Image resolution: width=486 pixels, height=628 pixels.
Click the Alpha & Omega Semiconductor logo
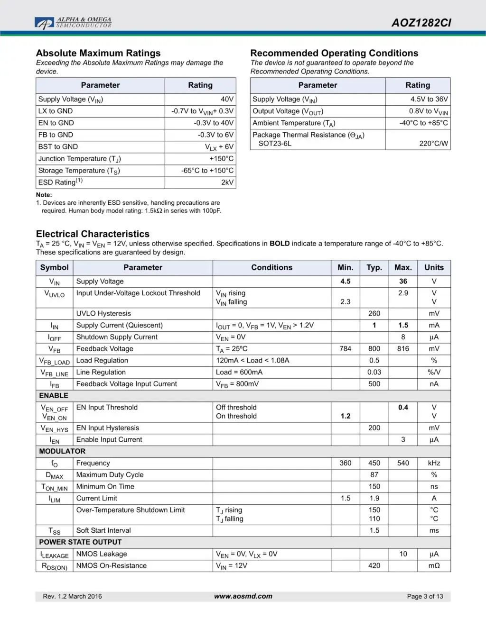73,23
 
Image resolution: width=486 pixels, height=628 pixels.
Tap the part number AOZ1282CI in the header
421,23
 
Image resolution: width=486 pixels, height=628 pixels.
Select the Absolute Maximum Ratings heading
98,53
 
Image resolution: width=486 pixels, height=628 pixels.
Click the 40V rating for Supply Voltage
227,99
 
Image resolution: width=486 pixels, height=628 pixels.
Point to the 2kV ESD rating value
227,182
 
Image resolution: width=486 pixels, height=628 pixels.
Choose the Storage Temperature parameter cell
79,171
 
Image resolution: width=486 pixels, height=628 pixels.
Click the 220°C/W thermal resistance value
433,143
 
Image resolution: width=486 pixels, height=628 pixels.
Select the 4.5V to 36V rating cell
429,99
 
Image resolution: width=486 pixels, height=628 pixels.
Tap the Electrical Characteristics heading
93,234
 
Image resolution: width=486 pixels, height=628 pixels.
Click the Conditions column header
271,267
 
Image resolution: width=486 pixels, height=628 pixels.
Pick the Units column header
434,267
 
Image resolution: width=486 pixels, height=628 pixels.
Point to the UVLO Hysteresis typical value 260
374,313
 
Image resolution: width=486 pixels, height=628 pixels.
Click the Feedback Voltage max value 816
403,348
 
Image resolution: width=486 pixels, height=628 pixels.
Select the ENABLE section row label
54,395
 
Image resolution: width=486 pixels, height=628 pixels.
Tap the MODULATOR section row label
62,451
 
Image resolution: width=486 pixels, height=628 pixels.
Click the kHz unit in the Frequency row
434,463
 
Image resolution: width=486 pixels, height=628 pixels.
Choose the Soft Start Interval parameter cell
103,530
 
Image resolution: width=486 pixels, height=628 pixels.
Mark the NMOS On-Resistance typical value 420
374,565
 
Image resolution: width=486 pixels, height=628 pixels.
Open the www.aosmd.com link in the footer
243,596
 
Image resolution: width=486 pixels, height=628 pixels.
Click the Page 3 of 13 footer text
425,596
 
